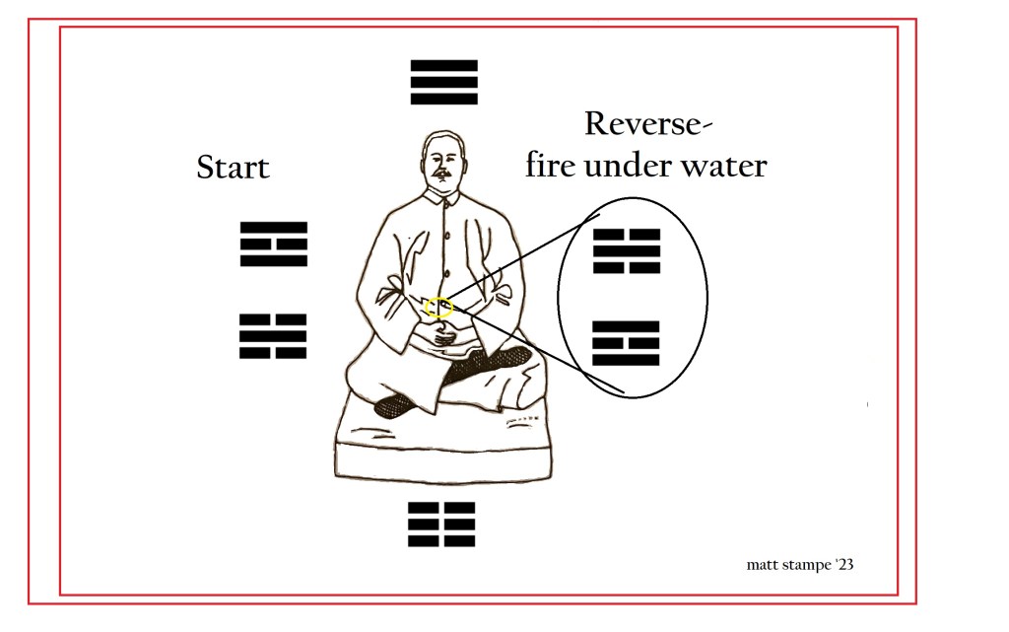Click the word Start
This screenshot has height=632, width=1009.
coord(233,168)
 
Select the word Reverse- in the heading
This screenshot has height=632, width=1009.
coord(648,123)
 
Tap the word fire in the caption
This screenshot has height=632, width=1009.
coord(551,165)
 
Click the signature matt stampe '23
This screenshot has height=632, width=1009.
coord(800,565)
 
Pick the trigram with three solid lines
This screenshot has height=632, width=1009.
coord(444,82)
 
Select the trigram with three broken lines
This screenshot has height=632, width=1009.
coord(441,525)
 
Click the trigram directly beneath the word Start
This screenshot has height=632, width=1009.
coord(274,244)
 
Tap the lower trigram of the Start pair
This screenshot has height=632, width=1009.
coord(273,336)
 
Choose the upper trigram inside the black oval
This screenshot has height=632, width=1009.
coord(627,251)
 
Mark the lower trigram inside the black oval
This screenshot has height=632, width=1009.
coord(626,343)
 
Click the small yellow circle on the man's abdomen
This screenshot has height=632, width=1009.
coord(439,308)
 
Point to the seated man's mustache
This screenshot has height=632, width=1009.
coord(441,174)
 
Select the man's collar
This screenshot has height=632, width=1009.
coord(442,197)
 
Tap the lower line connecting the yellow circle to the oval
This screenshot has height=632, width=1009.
coord(539,349)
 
